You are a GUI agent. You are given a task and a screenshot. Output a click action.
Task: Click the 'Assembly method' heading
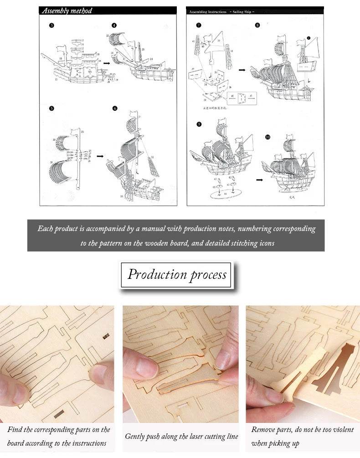click(x=67, y=10)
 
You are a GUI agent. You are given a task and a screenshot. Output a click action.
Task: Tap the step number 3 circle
click(x=51, y=26)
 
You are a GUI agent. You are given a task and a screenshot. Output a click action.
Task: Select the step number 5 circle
click(x=51, y=108)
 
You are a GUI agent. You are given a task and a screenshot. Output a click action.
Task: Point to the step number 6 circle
click(x=115, y=108)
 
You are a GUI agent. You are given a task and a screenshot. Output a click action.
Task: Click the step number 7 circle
click(x=199, y=26)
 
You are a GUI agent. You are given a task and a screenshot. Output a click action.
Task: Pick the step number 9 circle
click(x=199, y=124)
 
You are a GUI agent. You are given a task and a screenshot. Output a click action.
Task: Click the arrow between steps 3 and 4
click(x=106, y=64)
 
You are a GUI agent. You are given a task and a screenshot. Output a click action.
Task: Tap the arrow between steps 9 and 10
click(x=259, y=180)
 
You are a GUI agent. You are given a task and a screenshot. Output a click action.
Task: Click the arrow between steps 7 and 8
click(x=242, y=70)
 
